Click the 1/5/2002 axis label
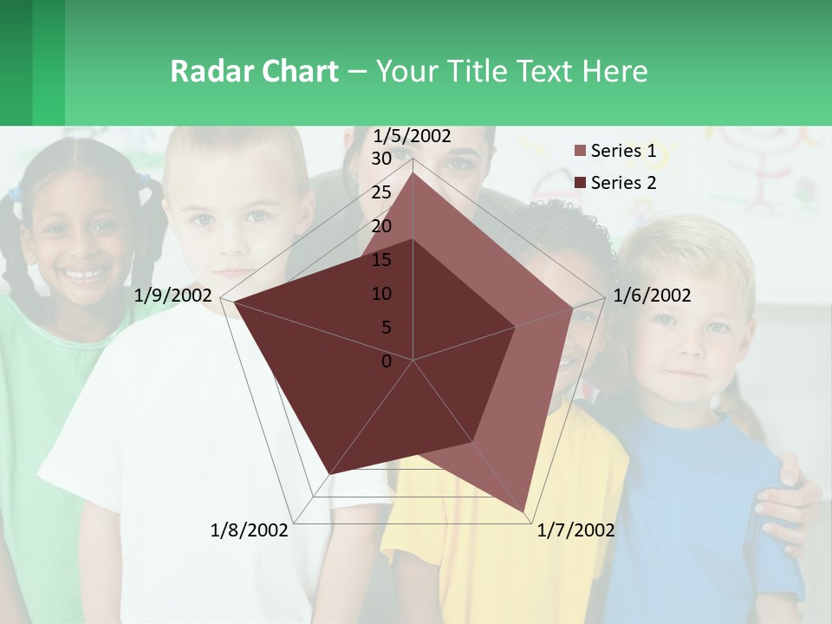(413, 136)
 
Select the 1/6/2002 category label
(652, 296)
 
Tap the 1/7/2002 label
(575, 530)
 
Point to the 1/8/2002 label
(249, 530)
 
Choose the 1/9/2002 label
(173, 296)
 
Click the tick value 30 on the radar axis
(381, 159)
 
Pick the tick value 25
(381, 192)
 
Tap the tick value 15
(381, 260)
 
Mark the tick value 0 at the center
(387, 361)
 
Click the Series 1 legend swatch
(581, 152)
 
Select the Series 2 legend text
(623, 183)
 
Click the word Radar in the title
(208, 71)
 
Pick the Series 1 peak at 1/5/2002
(413, 172)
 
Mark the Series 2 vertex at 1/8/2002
(329, 474)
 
